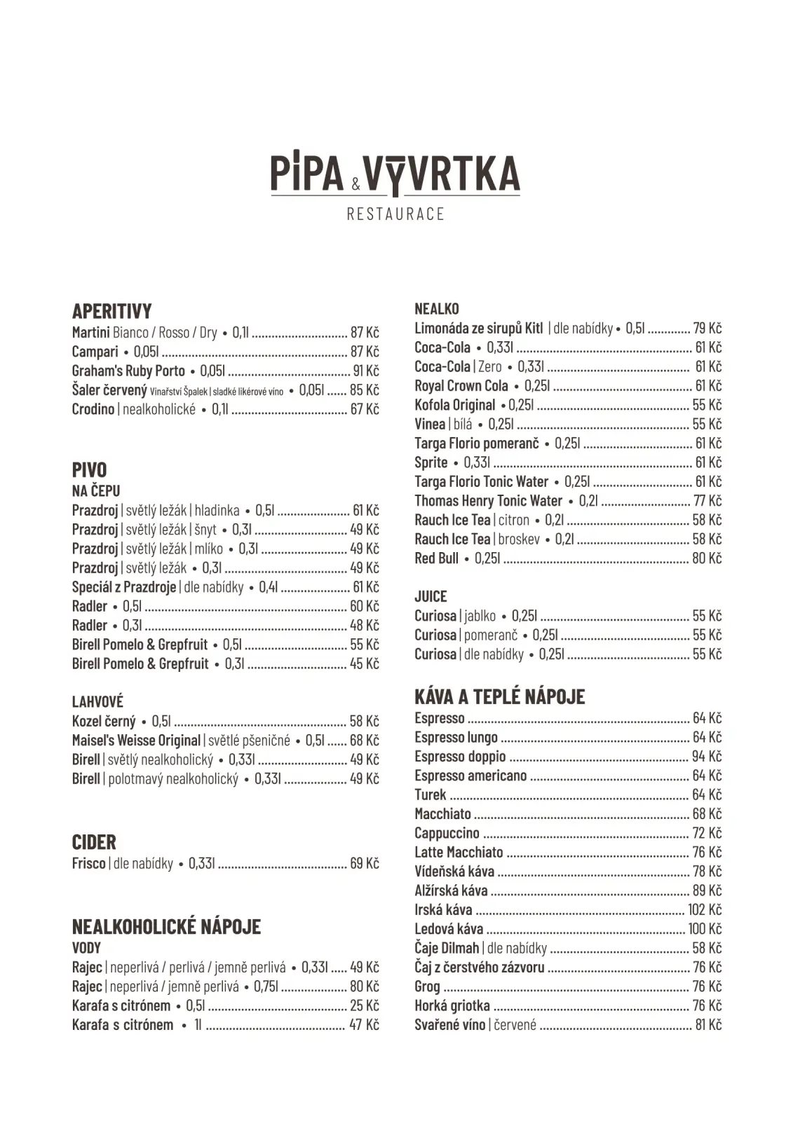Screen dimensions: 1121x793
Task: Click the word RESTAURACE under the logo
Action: click(395, 214)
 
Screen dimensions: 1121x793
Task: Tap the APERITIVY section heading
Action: click(111, 311)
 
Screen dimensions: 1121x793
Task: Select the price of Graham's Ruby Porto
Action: click(365, 371)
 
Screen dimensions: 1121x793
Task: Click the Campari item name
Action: click(95, 352)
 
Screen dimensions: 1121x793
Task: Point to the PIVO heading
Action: click(89, 469)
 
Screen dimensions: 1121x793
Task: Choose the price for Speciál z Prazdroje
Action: click(365, 587)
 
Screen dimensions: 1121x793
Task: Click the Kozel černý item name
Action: click(104, 721)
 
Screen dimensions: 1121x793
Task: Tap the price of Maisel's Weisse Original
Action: click(365, 741)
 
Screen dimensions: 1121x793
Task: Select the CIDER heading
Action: click(94, 842)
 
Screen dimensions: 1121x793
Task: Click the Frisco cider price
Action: click(365, 863)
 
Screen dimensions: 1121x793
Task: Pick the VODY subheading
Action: click(86, 948)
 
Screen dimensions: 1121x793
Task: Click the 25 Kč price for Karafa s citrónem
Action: click(365, 1005)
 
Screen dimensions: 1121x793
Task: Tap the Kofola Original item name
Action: click(454, 405)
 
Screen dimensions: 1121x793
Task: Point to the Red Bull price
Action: click(707, 558)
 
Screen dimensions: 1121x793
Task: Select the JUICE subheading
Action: click(431, 596)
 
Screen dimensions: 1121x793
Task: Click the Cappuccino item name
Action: click(447, 833)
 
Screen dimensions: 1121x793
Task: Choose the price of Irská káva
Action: click(705, 909)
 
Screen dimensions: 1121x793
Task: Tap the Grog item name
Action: click(427, 986)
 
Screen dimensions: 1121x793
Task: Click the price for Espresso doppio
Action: click(707, 757)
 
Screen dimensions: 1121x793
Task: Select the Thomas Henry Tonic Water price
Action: click(707, 501)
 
